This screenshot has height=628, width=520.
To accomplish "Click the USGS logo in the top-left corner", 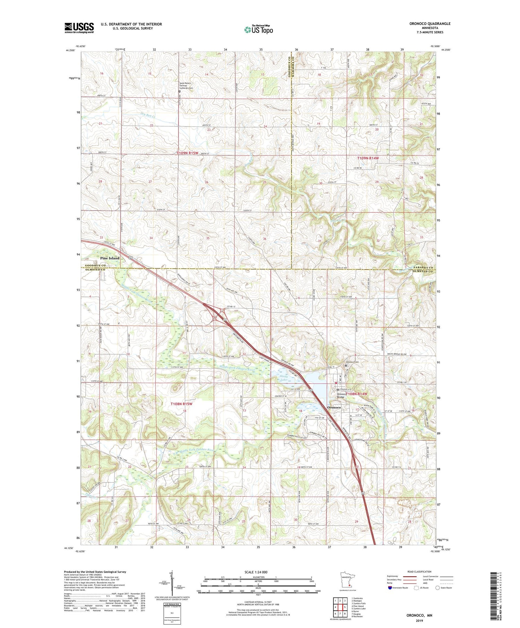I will tap(79, 28).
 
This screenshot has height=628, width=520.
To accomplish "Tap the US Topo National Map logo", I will tap(258, 29).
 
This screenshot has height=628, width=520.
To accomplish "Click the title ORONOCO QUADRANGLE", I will tap(430, 24).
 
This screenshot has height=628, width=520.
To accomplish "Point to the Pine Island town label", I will tap(110, 258).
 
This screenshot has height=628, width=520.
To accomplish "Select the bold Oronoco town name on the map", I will tap(334, 408).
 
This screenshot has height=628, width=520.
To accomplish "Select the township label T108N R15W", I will tap(181, 404).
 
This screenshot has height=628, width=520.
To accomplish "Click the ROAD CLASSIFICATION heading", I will tap(419, 572).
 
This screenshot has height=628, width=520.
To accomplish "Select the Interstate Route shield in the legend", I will tap(390, 588).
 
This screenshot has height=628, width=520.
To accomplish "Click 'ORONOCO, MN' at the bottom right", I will tap(419, 616).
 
